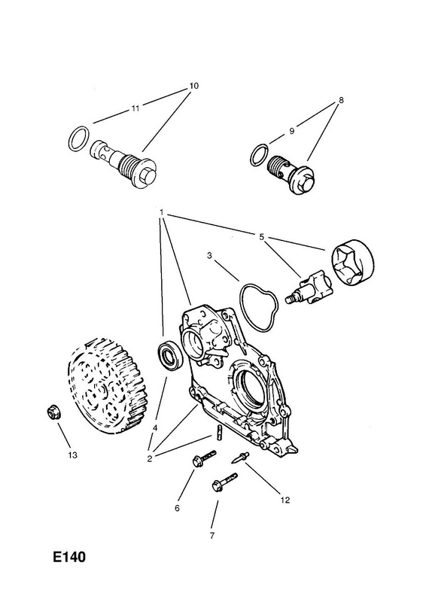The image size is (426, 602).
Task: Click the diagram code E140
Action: coord(69,557)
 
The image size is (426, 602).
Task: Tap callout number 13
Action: coord(72,455)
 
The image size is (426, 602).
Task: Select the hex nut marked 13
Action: coord(50,412)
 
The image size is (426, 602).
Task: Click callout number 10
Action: coord(194,86)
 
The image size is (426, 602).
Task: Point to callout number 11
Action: coord(135,108)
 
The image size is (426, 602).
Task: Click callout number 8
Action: coord(341,100)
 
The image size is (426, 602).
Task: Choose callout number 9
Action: coord(291,131)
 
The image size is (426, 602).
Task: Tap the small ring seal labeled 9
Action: coord(258,156)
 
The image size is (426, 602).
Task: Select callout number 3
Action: coord(209,255)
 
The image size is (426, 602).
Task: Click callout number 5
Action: coord(262,237)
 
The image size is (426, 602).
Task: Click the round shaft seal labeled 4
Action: coord(168,357)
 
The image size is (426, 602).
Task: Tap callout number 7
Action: coord(212,536)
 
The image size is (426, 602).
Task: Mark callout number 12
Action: coord(285,500)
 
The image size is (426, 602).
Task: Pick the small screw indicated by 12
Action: coord(240,458)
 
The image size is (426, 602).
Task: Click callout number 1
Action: coord(162,212)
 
